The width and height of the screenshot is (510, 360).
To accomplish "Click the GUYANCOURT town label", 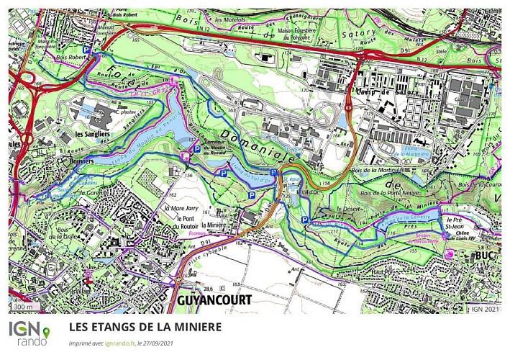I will pyautogui.click(x=211, y=299).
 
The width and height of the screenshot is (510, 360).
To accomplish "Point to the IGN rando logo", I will pyautogui.click(x=29, y=333).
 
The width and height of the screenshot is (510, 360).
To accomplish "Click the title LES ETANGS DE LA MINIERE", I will pyautogui.click(x=145, y=326).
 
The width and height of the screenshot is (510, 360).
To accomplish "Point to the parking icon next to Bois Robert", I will pyautogui.click(x=87, y=50).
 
